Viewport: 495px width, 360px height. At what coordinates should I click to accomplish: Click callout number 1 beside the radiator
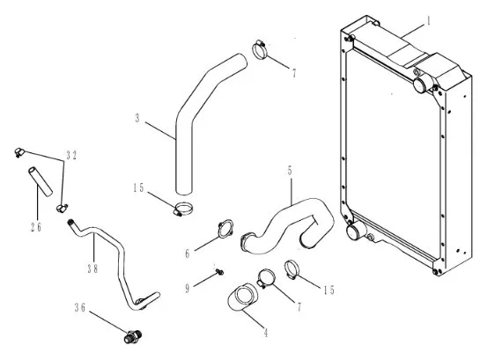click(x=428, y=21)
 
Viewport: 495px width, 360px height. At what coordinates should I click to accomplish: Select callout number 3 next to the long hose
click(x=137, y=118)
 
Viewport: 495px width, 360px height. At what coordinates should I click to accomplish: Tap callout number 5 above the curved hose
click(x=290, y=171)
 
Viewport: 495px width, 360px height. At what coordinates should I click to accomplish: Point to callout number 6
click(x=188, y=253)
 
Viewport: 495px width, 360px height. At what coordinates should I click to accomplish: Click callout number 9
click(x=188, y=288)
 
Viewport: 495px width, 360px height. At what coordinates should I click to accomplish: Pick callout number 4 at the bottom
click(x=266, y=332)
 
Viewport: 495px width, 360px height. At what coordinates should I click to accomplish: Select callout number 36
click(x=80, y=307)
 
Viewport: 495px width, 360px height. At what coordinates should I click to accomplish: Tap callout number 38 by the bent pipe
click(x=92, y=268)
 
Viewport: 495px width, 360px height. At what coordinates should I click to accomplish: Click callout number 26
click(x=36, y=227)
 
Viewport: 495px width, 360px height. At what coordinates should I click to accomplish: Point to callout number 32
click(x=71, y=155)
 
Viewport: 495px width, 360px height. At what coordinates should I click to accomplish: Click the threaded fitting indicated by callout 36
click(x=133, y=336)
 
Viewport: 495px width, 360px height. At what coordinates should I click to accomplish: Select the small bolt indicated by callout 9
click(x=219, y=271)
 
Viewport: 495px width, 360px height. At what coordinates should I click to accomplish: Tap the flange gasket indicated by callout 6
click(x=225, y=229)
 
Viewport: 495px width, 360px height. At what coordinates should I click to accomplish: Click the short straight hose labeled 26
click(x=41, y=181)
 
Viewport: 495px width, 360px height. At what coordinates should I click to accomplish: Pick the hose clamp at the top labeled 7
click(x=260, y=49)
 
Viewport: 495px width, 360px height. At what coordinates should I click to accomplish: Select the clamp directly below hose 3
click(x=182, y=209)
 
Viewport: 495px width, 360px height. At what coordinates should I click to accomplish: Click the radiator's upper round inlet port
click(x=420, y=84)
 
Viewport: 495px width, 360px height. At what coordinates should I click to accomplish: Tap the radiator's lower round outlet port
click(x=352, y=231)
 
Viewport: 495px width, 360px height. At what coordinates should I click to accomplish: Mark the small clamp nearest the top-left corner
click(x=19, y=152)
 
